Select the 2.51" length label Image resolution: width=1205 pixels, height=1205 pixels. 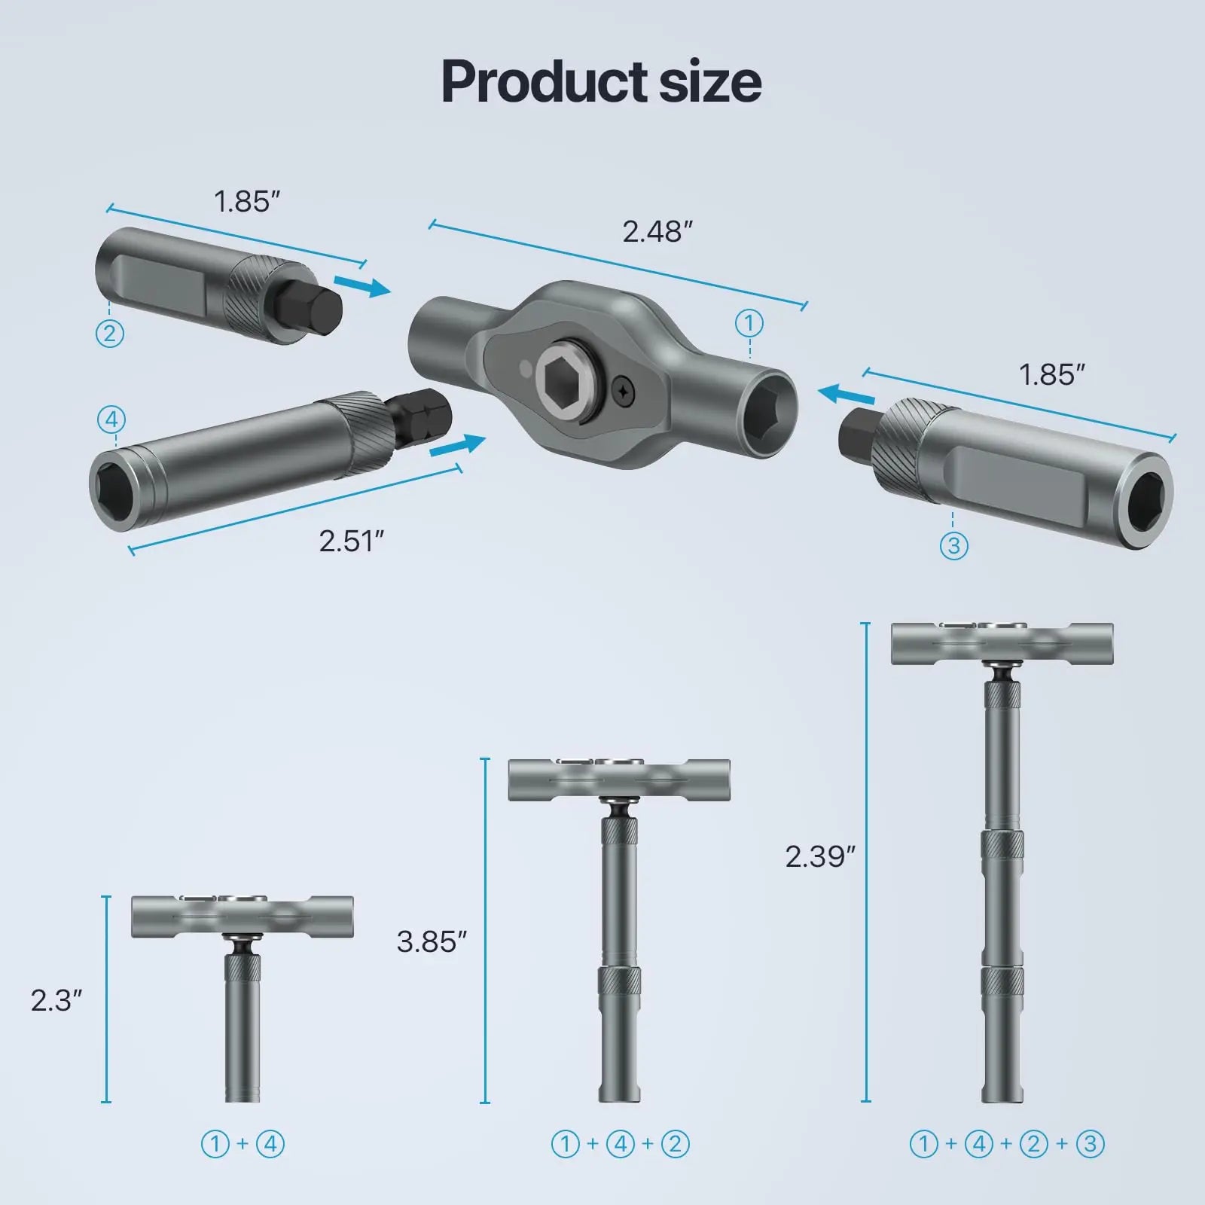coord(351,541)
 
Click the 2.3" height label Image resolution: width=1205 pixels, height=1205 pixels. coord(56,1000)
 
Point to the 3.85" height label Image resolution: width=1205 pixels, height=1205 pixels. coord(432,941)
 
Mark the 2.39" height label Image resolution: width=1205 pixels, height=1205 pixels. coord(820,856)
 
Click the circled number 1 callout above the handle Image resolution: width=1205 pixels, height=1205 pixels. coord(749,324)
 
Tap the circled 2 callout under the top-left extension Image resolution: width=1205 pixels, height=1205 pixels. coord(110,333)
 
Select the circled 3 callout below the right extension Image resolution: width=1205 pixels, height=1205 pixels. coord(953,545)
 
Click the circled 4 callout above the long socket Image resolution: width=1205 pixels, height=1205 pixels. coord(111,419)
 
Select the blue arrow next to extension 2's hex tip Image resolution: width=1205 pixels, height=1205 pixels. coord(362,285)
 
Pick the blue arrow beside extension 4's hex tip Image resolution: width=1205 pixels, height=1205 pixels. coord(457,445)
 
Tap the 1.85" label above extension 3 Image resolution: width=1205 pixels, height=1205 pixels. coord(1051,375)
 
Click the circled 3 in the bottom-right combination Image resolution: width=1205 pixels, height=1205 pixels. coord(1090,1144)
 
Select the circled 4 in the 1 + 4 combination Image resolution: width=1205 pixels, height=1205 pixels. coord(270,1144)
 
